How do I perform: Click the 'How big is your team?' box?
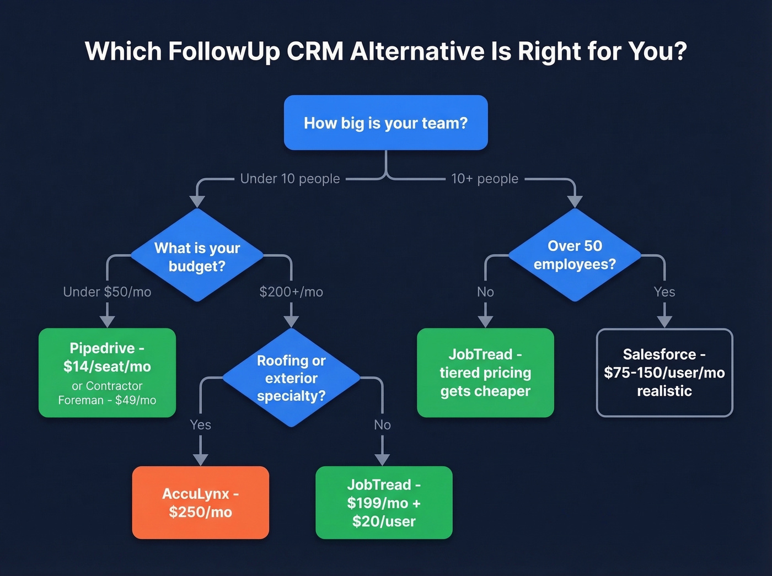[385, 122]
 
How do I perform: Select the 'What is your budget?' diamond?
[197, 256]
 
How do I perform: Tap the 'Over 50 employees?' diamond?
[575, 255]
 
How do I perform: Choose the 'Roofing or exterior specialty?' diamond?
[291, 378]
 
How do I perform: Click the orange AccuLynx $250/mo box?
[200, 503]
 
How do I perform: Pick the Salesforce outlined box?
[664, 373]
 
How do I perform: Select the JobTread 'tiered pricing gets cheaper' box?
[485, 373]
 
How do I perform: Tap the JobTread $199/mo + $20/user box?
[384, 503]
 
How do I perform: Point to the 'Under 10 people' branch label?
[290, 179]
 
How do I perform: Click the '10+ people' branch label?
[485, 179]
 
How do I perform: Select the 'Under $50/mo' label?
[107, 292]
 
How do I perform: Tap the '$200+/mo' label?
[291, 292]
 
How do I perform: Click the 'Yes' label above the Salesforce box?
[664, 292]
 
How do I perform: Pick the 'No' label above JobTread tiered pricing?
[485, 292]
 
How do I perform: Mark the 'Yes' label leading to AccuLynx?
[200, 424]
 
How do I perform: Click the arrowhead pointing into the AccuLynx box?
[200, 460]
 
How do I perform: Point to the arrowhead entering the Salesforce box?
[664, 321]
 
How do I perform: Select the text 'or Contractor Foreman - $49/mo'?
[107, 393]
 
